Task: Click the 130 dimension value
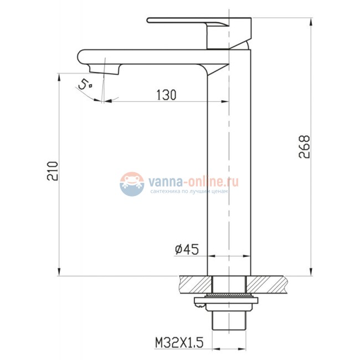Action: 167,95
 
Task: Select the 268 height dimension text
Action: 305,147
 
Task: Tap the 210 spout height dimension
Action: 53,171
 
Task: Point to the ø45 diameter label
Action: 187,249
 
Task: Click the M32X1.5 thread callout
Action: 179,343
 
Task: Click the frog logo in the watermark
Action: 132,184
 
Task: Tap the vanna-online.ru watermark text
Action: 193,182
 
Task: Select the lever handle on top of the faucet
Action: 199,33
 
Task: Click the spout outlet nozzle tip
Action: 105,70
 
